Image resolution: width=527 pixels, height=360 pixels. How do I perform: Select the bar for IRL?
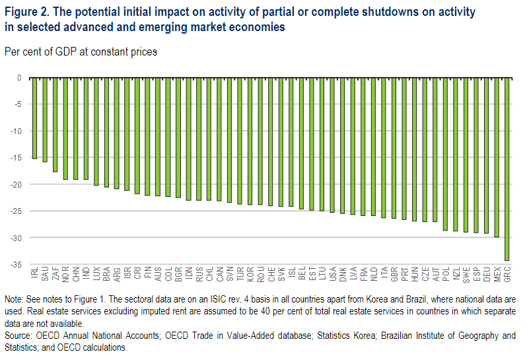click(x=34, y=118)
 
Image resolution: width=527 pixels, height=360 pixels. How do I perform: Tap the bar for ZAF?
click(x=55, y=125)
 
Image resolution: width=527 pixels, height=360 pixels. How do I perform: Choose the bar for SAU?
click(x=45, y=120)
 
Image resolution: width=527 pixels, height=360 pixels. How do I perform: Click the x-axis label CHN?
click(x=75, y=273)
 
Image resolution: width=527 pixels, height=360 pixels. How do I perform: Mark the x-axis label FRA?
click(x=363, y=273)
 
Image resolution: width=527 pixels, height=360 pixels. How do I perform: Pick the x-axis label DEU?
click(x=487, y=273)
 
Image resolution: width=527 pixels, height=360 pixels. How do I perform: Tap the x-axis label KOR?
click(x=250, y=273)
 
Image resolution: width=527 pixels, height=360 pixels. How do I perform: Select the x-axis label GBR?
click(x=394, y=273)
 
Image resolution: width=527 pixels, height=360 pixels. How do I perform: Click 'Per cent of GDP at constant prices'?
click(x=81, y=52)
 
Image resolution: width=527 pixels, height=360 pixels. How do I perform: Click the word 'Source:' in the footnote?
click(x=20, y=336)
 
